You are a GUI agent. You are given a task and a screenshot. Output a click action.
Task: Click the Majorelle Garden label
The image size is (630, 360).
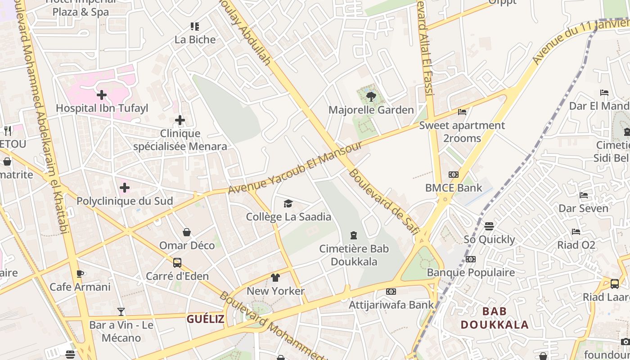[371, 110]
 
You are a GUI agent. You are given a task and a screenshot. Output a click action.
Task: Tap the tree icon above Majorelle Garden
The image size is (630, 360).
[371, 96]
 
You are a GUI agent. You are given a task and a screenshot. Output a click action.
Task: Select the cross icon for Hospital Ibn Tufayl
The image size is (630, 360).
[102, 95]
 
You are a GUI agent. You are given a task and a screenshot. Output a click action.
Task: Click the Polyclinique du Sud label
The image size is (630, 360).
[125, 201]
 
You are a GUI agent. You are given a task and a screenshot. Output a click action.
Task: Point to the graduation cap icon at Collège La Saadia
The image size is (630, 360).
[288, 204]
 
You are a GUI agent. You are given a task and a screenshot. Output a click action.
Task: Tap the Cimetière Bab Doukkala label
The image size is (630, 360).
[354, 255]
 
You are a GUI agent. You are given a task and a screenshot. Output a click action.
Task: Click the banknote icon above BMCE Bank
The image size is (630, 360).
[454, 175]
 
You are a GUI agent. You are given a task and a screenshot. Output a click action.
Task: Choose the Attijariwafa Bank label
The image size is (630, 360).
[391, 305]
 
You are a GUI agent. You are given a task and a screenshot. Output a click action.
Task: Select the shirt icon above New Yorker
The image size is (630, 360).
[275, 278]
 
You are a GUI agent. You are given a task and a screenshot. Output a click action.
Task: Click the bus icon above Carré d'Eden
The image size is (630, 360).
[177, 262]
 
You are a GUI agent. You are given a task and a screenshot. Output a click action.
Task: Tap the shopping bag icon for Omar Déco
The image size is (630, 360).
[187, 232]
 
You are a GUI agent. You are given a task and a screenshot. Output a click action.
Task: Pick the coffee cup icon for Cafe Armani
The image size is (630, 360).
[80, 274]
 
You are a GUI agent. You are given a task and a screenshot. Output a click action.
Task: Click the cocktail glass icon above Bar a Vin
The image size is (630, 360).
[121, 311]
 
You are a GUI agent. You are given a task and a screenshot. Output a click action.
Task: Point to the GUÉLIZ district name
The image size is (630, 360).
[206, 319]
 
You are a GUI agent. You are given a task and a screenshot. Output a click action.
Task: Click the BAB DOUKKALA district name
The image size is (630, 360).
[495, 318]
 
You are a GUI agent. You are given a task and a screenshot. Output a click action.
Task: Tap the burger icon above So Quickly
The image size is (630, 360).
[489, 226]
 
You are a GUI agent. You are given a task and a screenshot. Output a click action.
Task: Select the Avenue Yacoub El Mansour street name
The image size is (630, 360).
[295, 168]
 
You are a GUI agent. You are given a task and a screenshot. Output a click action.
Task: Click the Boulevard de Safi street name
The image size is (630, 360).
[383, 201]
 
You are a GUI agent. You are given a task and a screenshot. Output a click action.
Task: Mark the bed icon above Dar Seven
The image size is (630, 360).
[584, 195]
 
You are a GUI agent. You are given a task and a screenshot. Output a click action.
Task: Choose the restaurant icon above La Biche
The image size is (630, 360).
[195, 27]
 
